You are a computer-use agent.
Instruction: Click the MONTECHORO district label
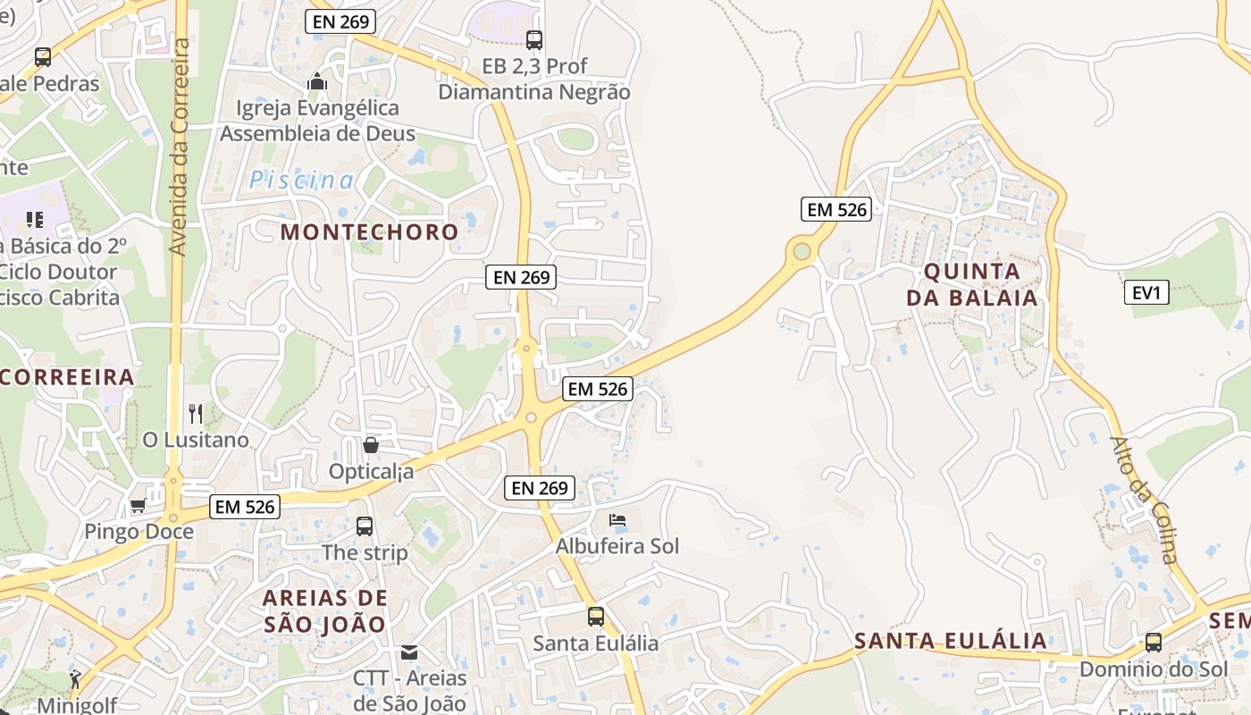369,232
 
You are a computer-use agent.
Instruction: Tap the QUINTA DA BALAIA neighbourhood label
972,284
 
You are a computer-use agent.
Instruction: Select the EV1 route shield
1146,292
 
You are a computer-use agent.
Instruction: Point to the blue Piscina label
301,181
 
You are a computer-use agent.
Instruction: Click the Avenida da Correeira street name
181,147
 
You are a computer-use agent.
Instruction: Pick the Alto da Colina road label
1145,500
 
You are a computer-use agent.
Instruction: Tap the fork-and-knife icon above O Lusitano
196,414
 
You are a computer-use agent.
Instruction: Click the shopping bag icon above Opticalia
370,444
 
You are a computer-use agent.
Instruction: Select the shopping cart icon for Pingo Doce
138,506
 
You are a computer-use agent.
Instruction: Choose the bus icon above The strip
365,526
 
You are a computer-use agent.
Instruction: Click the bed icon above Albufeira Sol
617,519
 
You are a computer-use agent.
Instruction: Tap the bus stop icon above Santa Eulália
595,617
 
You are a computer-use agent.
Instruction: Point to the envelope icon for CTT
409,652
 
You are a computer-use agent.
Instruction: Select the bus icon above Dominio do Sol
1154,643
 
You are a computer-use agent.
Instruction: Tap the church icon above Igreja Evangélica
316,82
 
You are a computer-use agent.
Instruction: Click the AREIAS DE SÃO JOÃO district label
325,610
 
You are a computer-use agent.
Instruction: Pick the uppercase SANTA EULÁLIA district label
950,641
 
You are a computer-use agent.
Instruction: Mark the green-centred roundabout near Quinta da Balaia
802,251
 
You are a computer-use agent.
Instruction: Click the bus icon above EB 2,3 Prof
533,40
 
